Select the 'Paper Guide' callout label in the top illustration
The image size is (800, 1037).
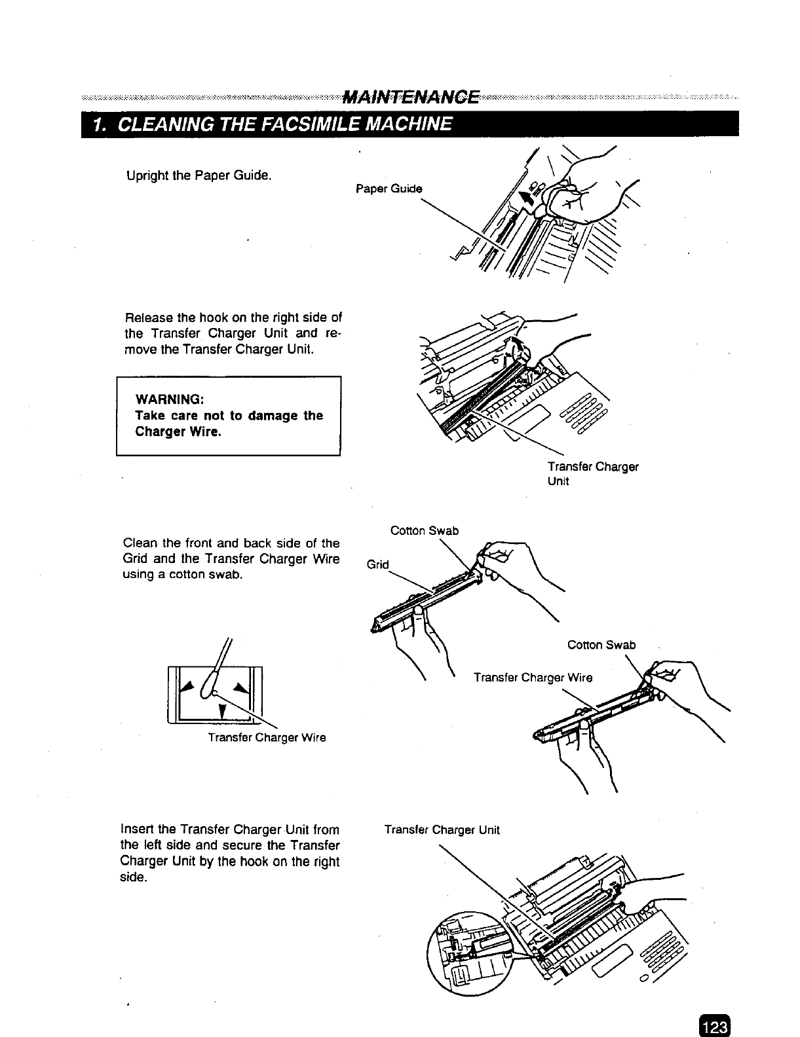(x=389, y=189)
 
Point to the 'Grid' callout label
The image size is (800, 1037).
(x=377, y=564)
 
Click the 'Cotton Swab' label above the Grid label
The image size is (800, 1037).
(x=424, y=530)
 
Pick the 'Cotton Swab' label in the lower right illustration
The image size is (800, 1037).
(x=601, y=645)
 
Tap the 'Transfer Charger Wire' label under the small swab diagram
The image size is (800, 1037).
(x=267, y=738)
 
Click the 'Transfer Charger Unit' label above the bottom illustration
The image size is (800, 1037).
(x=442, y=830)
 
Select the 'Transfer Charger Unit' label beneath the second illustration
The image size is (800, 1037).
(x=592, y=473)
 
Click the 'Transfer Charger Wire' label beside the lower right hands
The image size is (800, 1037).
(x=533, y=678)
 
